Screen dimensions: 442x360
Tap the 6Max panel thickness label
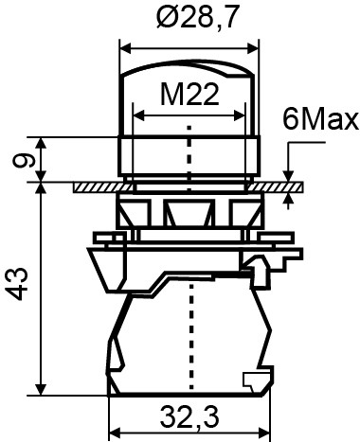point(318,120)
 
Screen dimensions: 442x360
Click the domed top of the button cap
point(189,66)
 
